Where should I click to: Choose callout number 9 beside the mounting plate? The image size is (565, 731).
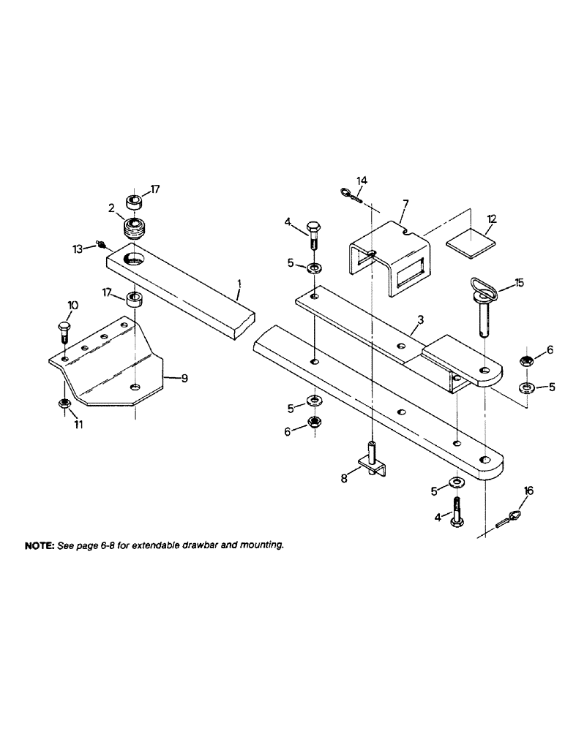coord(184,378)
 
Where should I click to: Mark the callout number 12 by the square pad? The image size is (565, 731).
coord(492,219)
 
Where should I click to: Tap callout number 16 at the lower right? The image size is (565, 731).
coord(528,491)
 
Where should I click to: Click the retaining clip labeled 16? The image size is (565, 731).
coord(507,520)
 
